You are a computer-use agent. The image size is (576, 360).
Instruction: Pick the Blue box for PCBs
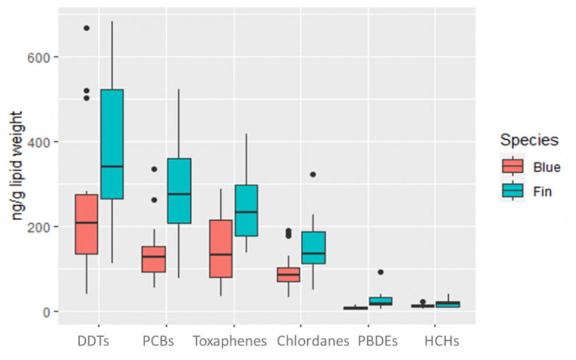point(154,259)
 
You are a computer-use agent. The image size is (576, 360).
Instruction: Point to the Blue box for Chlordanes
point(288,274)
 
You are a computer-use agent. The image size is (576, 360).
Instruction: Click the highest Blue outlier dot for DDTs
point(86,28)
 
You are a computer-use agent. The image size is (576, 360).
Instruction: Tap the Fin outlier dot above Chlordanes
point(313,175)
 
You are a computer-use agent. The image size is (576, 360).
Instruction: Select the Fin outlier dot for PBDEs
point(380,272)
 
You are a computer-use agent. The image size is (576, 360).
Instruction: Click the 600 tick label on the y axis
point(39,57)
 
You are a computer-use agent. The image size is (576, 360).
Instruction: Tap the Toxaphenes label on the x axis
point(229,342)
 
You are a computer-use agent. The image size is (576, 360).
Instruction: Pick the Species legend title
point(529,140)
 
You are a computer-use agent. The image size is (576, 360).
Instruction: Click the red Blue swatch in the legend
point(513,166)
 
